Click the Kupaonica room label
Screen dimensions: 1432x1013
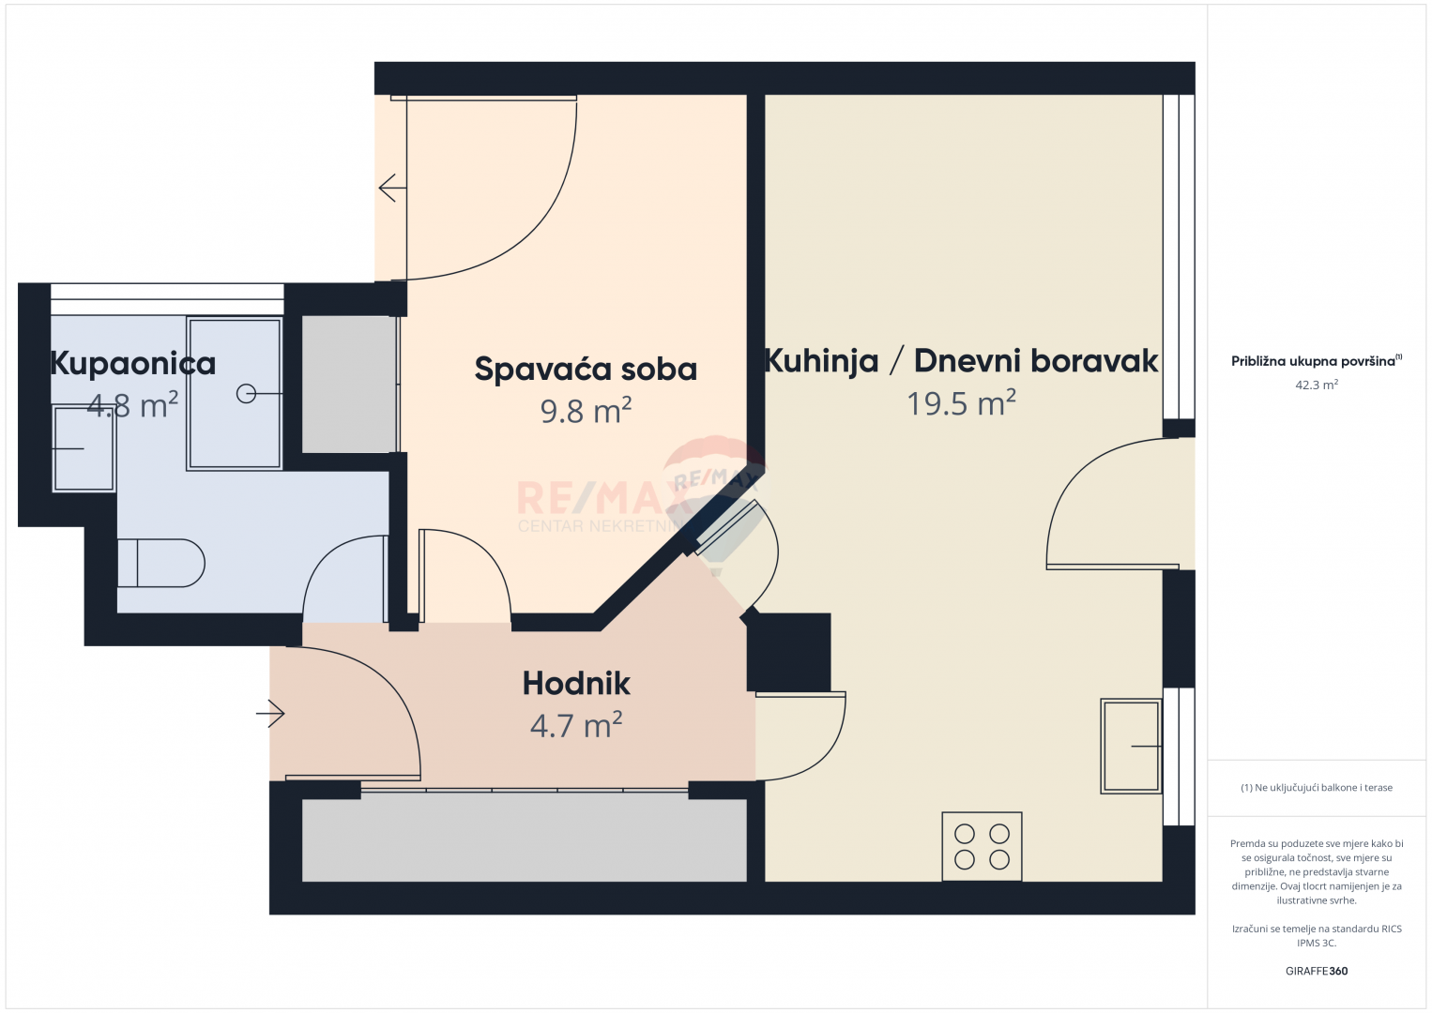133,364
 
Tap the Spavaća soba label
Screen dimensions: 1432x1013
586,370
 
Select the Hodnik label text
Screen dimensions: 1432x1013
576,683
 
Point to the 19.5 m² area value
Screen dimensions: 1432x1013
961,402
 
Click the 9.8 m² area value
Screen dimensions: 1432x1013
586,410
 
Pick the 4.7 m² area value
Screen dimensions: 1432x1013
576,725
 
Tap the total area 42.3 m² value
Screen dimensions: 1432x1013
1317,385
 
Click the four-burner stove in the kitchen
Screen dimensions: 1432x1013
982,846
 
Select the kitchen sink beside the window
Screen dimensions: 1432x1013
1130,746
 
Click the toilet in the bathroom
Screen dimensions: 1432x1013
161,563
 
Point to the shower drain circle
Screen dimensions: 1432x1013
246,394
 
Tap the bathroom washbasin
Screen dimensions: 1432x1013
84,448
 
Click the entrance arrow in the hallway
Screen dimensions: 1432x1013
270,713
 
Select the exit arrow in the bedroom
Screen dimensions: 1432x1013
392,188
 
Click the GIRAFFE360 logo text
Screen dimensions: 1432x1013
1317,971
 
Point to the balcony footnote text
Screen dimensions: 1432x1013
1317,787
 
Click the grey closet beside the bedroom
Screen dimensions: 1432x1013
350,385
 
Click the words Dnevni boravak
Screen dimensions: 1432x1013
1036,361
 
